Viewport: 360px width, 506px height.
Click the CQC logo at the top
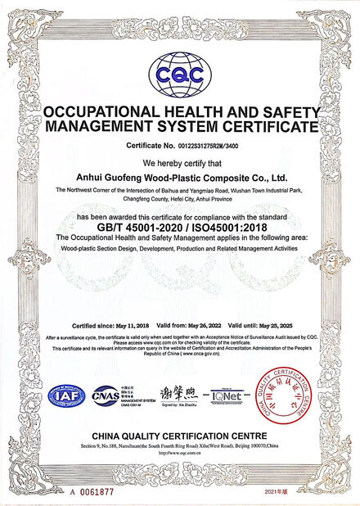pyautogui.click(x=179, y=72)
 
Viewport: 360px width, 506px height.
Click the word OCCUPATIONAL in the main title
pyautogui.click(x=106, y=113)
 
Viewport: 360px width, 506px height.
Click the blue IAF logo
pyautogui.click(x=68, y=396)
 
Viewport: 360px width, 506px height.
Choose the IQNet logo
pyautogui.click(x=227, y=395)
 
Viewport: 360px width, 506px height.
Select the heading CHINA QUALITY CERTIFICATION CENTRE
pyautogui.click(x=179, y=435)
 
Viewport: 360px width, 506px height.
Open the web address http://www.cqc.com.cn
pyautogui.click(x=179, y=453)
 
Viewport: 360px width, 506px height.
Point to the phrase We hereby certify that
pyautogui.click(x=179, y=161)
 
